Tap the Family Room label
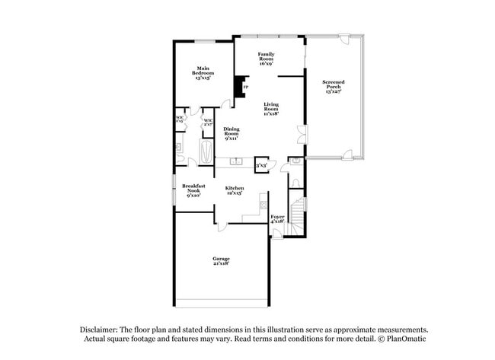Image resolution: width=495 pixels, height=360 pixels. coord(266,59)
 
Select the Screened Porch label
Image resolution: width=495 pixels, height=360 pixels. coord(333,86)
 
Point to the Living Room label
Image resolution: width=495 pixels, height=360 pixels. coord(271,109)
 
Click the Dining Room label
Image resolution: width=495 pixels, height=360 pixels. coord(232,134)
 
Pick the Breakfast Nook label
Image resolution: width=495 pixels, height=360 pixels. coord(193,190)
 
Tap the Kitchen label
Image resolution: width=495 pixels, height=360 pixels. coord(235,190)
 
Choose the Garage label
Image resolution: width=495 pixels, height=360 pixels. coord(221,261)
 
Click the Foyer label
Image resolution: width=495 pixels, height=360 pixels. coord(278,219)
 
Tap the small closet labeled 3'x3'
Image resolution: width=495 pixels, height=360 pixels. coord(261,164)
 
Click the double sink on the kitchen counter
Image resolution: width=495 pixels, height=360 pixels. coord(237,161)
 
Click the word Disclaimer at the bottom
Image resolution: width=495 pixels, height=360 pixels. coord(104,329)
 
